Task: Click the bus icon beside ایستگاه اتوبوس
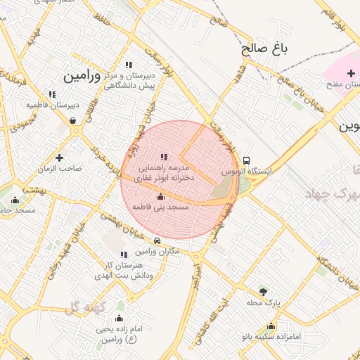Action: click(x=246, y=160)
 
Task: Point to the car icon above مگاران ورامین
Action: click(x=156, y=240)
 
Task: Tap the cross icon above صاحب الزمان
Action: click(x=60, y=157)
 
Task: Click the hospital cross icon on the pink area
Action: click(x=351, y=74)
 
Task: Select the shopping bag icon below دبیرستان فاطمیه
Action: click(x=73, y=120)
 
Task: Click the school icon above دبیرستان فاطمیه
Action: click(x=51, y=94)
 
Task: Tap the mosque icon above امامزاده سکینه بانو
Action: click(x=271, y=326)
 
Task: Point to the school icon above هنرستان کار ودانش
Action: click(x=124, y=255)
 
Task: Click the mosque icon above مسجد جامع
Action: click(x=15, y=200)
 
